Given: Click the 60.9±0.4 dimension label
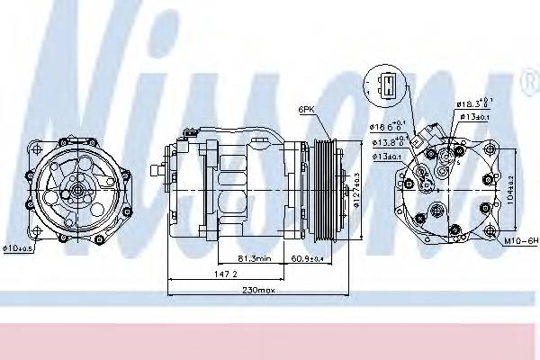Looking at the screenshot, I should pyautogui.click(x=307, y=258).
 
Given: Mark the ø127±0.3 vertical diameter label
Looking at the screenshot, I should pyautogui.click(x=356, y=192).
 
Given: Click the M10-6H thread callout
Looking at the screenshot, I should pyautogui.click(x=520, y=241).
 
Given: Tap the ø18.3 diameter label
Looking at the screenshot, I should pyautogui.click(x=474, y=104).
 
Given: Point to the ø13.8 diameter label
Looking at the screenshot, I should pyautogui.click(x=388, y=142).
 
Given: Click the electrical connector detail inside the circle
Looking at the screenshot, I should pyautogui.click(x=387, y=86).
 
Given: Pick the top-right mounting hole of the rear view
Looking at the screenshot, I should pyautogui.click(x=487, y=157).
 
